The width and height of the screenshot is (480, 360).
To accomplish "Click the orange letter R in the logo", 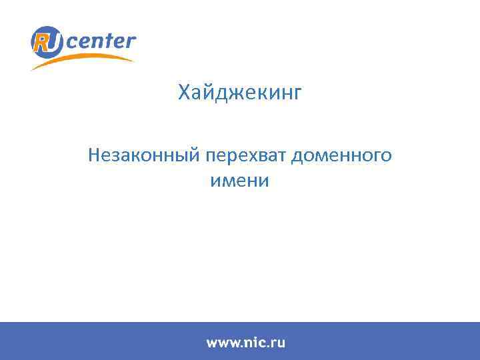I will (43, 41).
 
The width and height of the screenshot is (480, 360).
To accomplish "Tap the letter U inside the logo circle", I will (55, 42).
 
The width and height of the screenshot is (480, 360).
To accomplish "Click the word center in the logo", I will (101, 42).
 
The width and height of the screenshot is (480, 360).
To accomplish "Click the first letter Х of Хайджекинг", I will (184, 93).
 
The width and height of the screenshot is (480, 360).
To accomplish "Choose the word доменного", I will (341, 157).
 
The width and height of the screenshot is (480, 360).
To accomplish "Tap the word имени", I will (240, 180).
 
